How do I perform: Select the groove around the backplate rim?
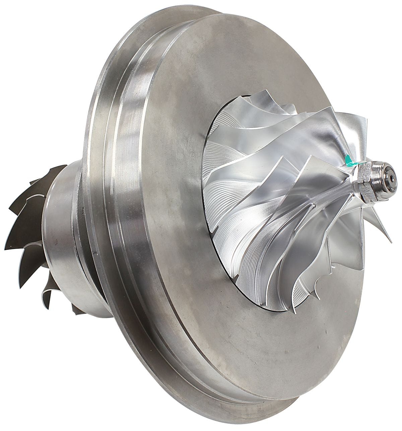[111, 168]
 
